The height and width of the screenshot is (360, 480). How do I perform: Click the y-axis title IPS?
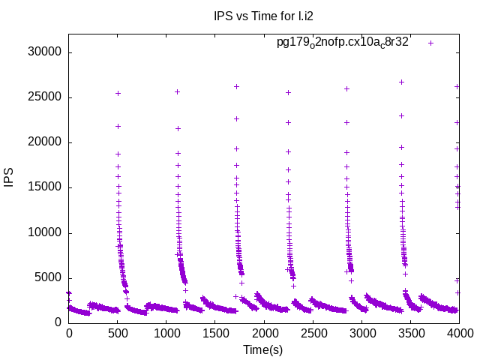click(x=10, y=178)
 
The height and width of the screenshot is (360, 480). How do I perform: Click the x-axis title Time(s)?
click(x=263, y=350)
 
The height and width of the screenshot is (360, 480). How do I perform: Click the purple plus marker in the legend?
click(x=430, y=43)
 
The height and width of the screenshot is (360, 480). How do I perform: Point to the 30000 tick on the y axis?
click(x=45, y=52)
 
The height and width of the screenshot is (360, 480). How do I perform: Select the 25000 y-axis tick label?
click(x=45, y=97)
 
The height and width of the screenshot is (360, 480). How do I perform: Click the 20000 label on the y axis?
click(x=45, y=142)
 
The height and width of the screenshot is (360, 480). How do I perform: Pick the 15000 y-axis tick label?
click(x=45, y=187)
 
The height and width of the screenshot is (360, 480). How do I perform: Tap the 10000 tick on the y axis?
click(x=45, y=232)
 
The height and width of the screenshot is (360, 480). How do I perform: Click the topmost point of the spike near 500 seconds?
click(x=118, y=93)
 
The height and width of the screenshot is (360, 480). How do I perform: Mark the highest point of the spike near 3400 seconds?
click(x=401, y=82)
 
